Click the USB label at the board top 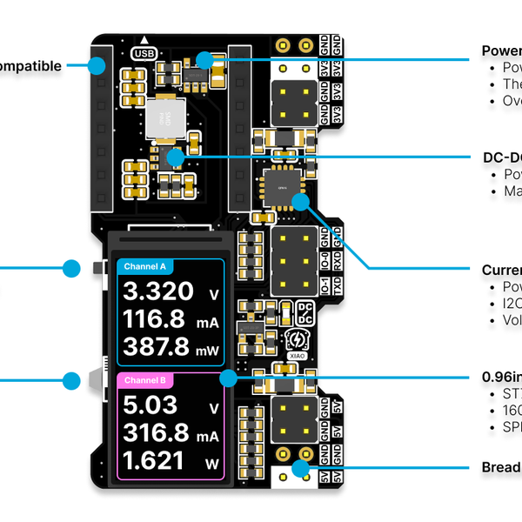pos(142,52)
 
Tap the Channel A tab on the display pos(145,266)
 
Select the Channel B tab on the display pos(145,381)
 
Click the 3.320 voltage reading pos(156,291)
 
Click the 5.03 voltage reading pos(150,405)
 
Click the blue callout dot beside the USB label pos(204,60)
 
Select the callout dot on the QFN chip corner pos(301,203)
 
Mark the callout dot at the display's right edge pos(229,378)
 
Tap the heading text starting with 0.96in pos(502,378)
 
